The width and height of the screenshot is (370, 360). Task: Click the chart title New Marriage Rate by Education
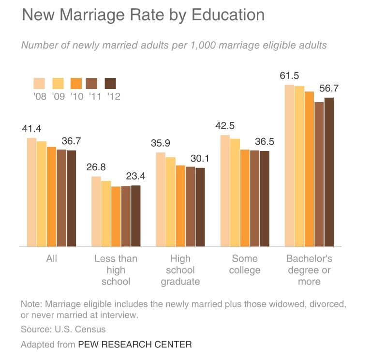coord(143,15)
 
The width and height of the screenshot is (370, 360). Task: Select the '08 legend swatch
coord(39,83)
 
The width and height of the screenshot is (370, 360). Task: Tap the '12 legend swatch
coord(111,83)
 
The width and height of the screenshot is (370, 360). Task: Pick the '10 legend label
coord(76,96)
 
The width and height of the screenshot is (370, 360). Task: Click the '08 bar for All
coord(32,192)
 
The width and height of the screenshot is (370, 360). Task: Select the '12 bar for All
coord(71,198)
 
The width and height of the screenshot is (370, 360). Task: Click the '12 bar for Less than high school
coord(136,216)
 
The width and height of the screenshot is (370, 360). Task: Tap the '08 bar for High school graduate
coord(161,199)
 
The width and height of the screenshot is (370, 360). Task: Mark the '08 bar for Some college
coord(225,191)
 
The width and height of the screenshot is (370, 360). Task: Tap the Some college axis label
coord(245,264)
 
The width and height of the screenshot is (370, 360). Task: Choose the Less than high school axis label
coord(116,270)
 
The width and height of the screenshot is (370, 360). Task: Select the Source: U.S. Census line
coord(63,330)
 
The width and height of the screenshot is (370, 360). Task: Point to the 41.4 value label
coord(32,129)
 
